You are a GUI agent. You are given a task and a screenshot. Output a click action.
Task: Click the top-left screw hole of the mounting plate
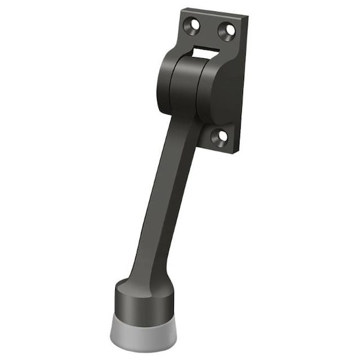(x=194, y=25)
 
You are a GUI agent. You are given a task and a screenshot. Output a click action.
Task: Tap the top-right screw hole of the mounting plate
(x=227, y=31)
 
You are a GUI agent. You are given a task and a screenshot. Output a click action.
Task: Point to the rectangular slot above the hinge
(x=205, y=53)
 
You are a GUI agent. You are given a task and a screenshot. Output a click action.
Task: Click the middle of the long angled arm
(x=169, y=198)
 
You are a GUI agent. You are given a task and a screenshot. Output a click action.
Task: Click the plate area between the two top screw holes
(x=210, y=28)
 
